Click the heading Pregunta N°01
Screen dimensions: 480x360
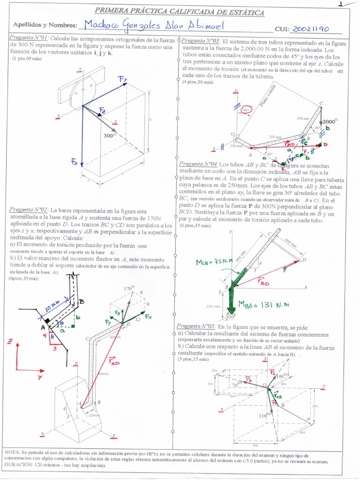coord(29,38)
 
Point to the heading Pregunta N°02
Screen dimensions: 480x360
coord(29,210)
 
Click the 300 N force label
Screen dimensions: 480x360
coord(110,135)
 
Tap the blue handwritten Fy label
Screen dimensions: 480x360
coord(123,80)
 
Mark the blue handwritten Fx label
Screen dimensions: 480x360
coord(75,162)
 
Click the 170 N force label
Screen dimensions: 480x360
coord(129,289)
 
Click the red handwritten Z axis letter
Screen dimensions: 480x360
coord(9,342)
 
